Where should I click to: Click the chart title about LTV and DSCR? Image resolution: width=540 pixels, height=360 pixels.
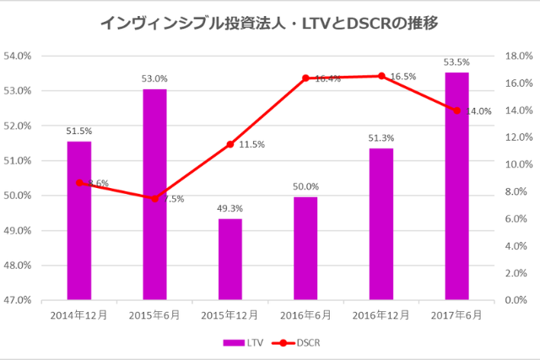[269, 23]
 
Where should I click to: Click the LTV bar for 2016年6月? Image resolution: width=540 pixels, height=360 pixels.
[305, 248]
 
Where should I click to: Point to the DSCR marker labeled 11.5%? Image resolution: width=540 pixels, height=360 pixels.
[229, 144]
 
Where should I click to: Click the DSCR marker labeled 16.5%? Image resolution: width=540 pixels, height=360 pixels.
[381, 76]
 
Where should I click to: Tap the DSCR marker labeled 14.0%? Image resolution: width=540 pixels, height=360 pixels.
[456, 110]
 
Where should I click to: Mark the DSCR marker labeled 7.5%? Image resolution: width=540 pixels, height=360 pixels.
[154, 198]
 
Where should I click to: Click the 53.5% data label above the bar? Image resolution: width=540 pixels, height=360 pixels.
[456, 62]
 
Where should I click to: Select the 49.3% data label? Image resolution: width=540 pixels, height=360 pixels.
[230, 208]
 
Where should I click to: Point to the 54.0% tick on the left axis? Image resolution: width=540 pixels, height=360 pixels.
[18, 56]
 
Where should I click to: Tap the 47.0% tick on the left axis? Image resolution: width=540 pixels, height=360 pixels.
[18, 299]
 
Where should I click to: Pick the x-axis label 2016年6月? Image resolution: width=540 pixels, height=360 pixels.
[305, 315]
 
